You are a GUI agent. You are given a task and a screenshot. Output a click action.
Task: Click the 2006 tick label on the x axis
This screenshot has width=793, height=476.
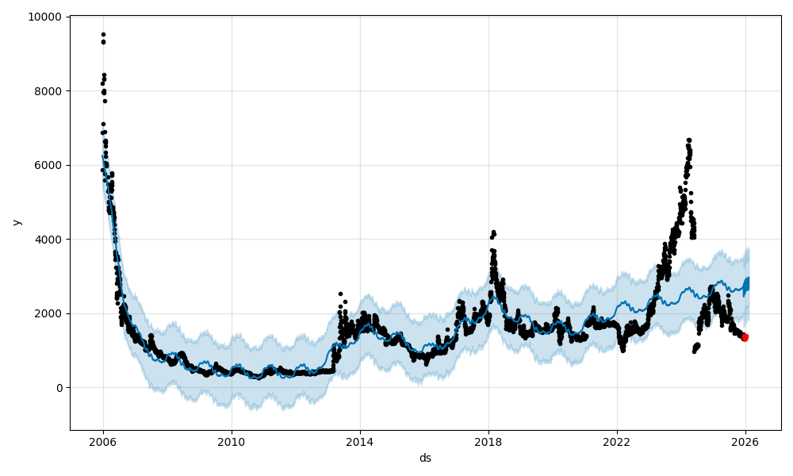[x=103, y=442]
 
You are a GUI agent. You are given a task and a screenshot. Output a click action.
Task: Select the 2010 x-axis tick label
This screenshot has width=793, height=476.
[x=232, y=442]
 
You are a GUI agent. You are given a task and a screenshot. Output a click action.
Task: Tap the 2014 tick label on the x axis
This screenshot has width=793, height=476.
[x=360, y=442]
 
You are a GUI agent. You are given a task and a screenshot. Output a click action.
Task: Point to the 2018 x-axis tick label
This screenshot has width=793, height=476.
[x=488, y=442]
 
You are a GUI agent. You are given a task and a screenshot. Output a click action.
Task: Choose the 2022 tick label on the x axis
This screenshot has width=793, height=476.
[x=617, y=442]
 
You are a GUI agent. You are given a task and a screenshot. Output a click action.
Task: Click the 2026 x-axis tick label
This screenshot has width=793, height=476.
[x=745, y=442]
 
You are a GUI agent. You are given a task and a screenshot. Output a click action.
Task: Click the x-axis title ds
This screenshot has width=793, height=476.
[x=425, y=458]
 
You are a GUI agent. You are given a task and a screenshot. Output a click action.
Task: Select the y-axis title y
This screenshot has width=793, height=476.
[x=16, y=222]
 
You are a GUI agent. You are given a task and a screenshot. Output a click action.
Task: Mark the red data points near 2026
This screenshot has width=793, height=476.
[x=745, y=337]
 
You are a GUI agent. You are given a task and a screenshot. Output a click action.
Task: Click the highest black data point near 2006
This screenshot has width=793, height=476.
[x=103, y=35]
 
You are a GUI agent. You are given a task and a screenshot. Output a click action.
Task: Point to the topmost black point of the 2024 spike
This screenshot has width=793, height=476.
[x=688, y=140]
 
